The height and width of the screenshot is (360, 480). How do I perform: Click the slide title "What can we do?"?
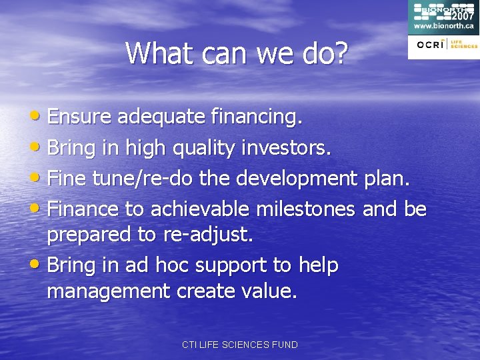click(237, 53)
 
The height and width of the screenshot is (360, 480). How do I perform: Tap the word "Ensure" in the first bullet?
click(80, 117)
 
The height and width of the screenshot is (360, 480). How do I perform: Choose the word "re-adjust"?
click(206, 235)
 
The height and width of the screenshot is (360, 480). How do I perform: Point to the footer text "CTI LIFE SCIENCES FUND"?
click(240, 345)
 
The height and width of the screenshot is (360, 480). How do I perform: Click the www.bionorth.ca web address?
click(443, 26)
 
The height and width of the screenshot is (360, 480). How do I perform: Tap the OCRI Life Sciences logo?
click(444, 45)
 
